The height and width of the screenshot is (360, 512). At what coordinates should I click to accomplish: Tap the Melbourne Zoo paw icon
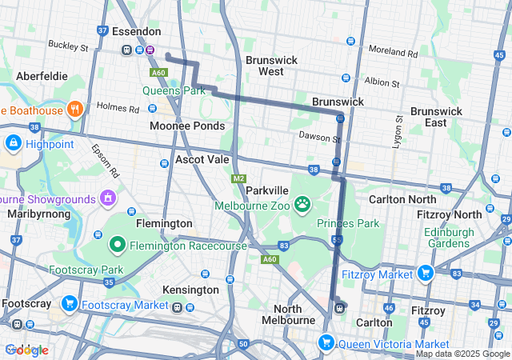(302, 205)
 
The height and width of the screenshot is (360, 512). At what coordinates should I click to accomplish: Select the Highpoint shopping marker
(13, 144)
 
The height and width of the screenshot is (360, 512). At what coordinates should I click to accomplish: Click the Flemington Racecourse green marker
(117, 245)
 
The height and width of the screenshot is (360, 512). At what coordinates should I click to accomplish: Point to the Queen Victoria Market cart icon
(326, 343)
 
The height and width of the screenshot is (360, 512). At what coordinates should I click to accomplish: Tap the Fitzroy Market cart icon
(424, 274)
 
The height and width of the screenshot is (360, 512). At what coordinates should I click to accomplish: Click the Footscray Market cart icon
(70, 304)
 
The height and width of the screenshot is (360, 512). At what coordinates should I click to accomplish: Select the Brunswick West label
(271, 66)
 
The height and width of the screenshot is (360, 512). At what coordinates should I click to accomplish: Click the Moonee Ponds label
(187, 126)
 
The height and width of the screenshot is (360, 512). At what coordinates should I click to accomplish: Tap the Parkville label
(266, 191)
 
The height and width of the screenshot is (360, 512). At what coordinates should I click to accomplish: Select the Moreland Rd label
(393, 52)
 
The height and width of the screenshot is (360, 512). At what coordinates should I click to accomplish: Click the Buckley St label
(68, 47)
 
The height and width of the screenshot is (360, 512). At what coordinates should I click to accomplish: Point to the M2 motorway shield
(238, 178)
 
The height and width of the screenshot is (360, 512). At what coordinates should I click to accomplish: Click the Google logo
(26, 350)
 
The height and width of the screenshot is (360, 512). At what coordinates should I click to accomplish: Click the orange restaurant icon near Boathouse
(75, 109)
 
